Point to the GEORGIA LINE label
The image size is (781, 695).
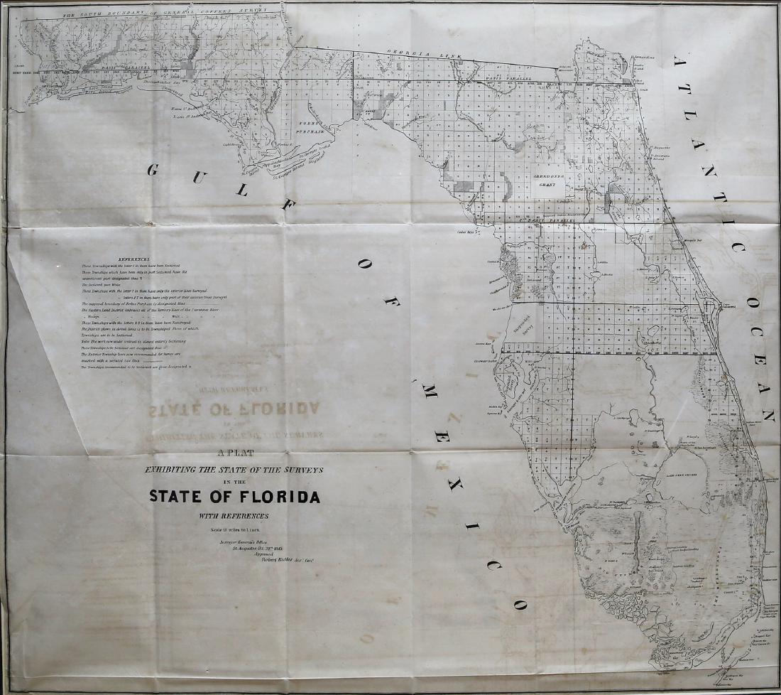[x=421, y=55]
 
